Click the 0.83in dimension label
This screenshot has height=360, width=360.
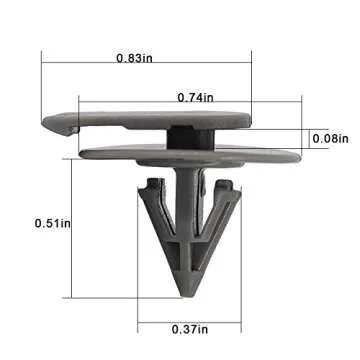point(134,58)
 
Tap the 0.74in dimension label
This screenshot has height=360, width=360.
point(196,97)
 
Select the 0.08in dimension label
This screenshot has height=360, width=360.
point(330,138)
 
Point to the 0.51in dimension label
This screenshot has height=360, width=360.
point(53,223)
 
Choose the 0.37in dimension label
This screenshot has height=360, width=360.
point(190,330)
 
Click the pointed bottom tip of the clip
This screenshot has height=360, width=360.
point(188,295)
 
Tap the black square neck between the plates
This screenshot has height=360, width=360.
point(190,138)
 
